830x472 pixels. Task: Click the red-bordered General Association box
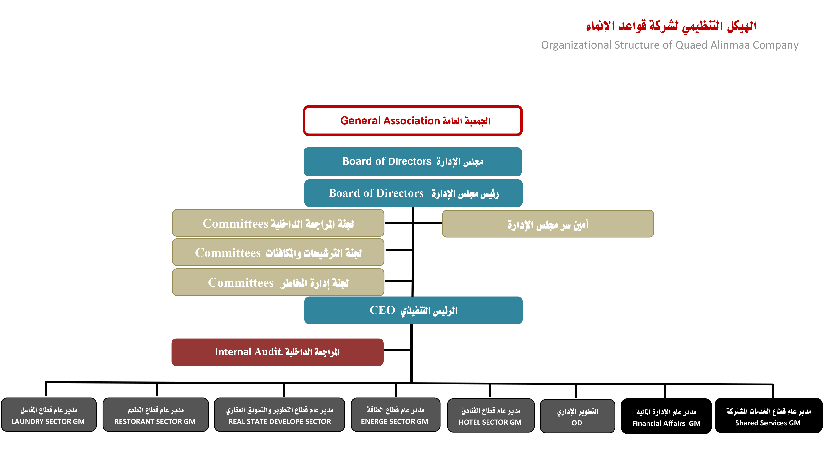click(x=412, y=121)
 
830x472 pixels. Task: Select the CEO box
click(x=413, y=310)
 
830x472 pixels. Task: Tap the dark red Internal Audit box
click(x=277, y=352)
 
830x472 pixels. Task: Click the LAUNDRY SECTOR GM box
click(x=49, y=415)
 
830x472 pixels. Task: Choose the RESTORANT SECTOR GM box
click(x=155, y=415)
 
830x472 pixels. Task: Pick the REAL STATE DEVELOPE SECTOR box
click(x=279, y=415)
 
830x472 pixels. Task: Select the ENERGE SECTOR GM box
click(x=395, y=415)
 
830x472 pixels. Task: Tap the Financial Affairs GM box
click(x=666, y=416)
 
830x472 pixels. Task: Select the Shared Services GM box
click(x=768, y=416)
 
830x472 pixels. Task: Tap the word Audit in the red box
click(x=268, y=351)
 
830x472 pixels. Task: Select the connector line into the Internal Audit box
click(x=397, y=350)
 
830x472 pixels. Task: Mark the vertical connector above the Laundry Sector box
click(x=46, y=389)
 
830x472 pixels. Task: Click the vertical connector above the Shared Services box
click(x=773, y=391)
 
